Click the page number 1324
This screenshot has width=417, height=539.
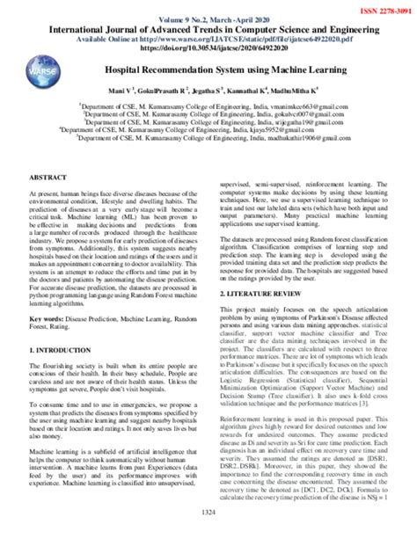(208, 513)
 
